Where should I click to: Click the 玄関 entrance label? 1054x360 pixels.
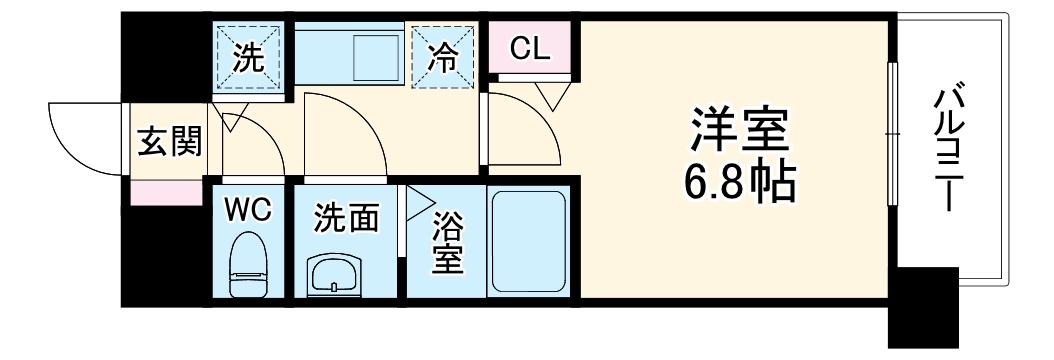pos(168,142)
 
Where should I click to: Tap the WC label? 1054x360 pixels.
pos(246,209)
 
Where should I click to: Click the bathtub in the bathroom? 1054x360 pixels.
pos(529,241)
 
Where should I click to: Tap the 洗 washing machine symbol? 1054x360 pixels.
pos(250,58)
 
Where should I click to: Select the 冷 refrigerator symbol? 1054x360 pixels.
pos(443,58)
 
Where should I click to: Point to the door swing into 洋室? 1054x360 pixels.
pos(525,125)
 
